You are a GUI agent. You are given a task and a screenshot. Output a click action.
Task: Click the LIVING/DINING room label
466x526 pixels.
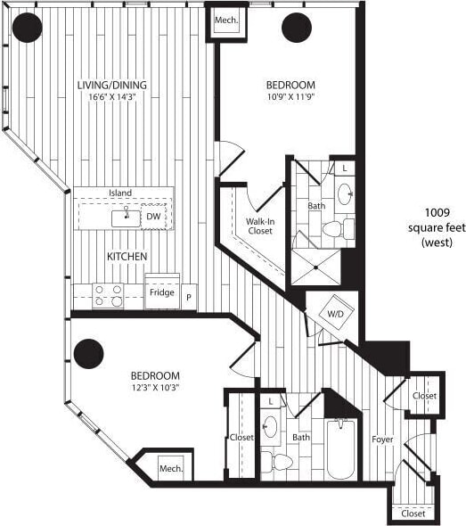coord(111,86)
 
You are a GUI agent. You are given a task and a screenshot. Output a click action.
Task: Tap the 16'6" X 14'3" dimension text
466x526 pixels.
coord(111,98)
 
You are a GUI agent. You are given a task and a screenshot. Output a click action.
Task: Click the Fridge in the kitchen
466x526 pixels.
coord(161,293)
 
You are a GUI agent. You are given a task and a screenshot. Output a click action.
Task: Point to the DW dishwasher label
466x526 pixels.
coord(152,216)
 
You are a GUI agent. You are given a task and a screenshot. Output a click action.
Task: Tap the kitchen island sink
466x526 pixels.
coord(124,217)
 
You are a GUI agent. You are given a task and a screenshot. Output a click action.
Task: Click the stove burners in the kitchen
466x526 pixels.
coord(109,295)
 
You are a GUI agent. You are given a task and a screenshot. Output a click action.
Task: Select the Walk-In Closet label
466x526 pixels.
coord(258,226)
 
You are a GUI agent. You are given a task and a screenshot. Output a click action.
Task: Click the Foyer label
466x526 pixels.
coord(383,439)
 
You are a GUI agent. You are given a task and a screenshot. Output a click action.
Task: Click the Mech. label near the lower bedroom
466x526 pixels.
coord(170,469)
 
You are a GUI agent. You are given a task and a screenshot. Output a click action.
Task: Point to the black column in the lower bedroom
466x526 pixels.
coord(88,354)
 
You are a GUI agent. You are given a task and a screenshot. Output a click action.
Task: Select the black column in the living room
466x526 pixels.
coord(27,29)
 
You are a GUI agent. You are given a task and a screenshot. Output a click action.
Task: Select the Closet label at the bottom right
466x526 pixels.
coord(413,514)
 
